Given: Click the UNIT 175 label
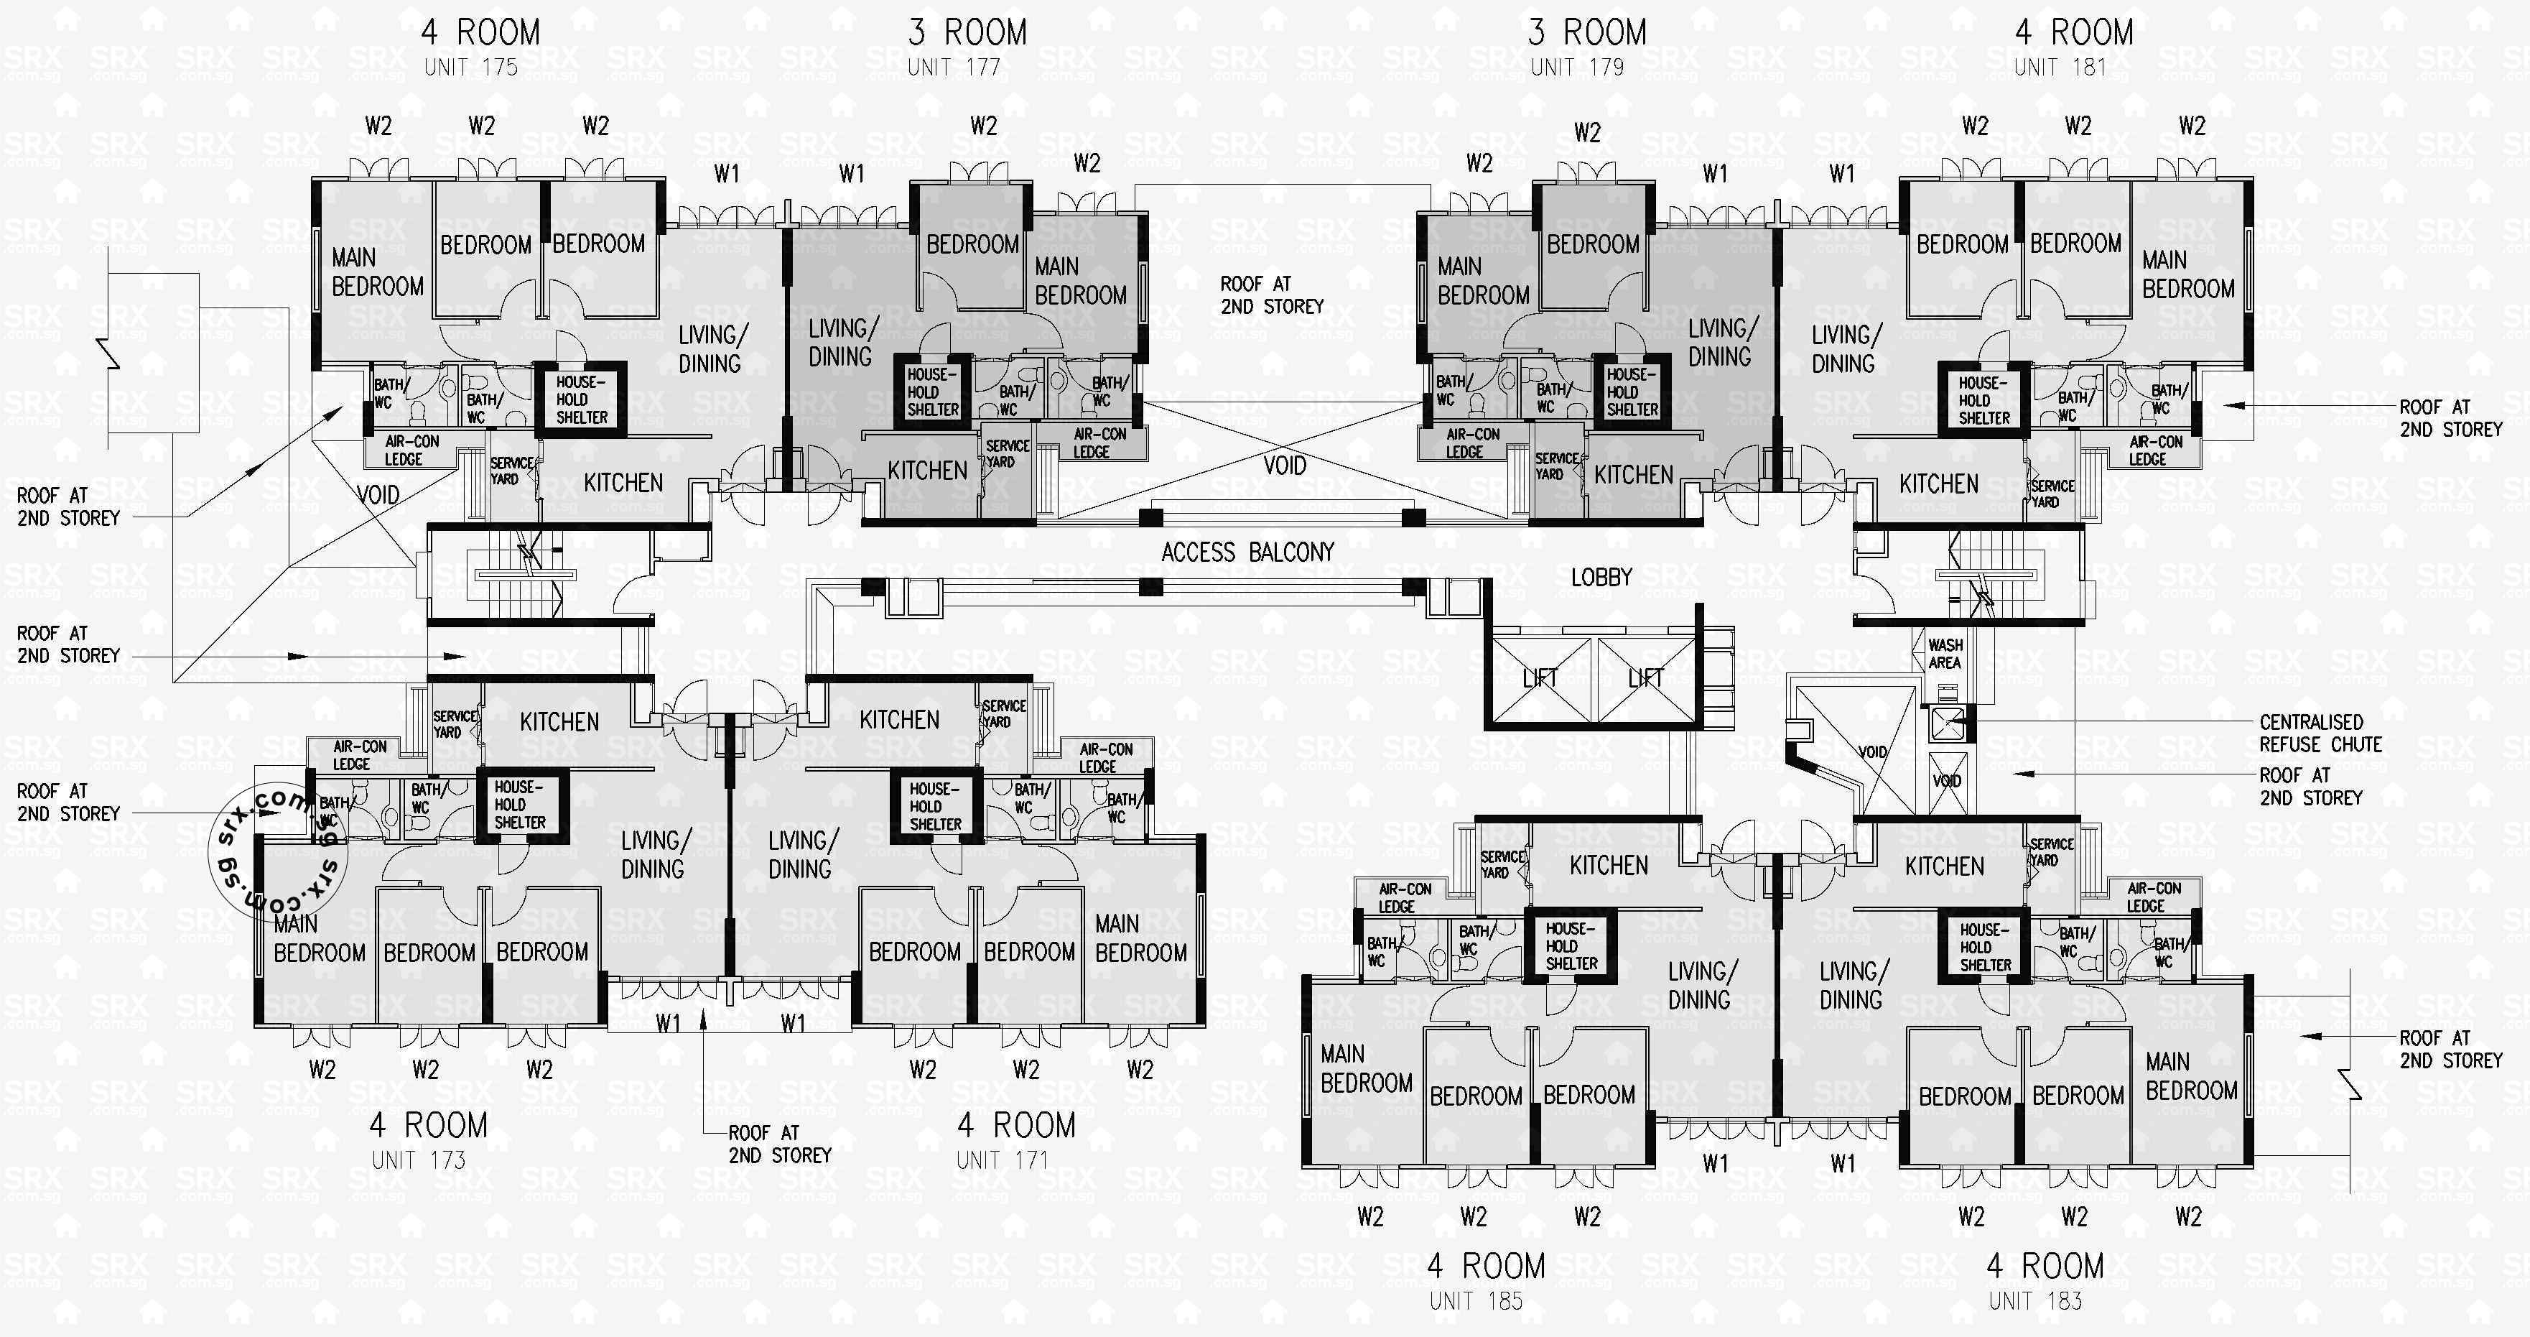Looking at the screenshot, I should (470, 68).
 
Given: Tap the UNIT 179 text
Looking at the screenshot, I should (1576, 68).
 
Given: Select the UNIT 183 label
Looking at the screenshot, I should (2035, 1300).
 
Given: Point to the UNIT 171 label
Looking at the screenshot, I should (1002, 1160).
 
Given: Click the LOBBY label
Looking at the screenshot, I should (1601, 578).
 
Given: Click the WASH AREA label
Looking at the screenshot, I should (1945, 653).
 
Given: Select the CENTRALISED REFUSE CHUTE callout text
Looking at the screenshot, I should (2320, 733).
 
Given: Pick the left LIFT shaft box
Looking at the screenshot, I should (1540, 677).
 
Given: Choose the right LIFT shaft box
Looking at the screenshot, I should (1646, 677).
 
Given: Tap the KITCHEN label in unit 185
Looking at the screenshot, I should (1609, 866).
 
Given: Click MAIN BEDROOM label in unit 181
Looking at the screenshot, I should (2187, 274).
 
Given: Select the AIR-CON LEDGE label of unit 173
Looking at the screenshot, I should (360, 754).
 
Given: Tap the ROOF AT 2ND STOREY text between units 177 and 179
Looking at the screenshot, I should (1271, 295).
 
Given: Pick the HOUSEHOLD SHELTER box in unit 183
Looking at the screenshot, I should (1985, 947).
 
